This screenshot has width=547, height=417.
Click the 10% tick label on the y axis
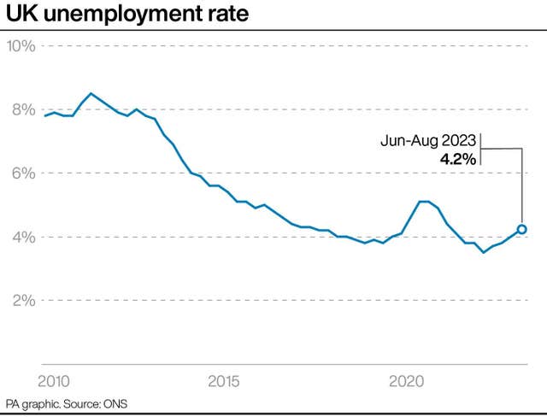(21, 46)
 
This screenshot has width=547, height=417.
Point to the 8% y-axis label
(24, 110)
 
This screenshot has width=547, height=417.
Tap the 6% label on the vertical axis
(24, 173)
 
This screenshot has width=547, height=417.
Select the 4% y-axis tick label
(24, 237)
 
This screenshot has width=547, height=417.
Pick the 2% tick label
(24, 300)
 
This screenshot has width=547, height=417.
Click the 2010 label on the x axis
(54, 381)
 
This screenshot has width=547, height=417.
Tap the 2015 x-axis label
(224, 381)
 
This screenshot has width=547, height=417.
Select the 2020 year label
(407, 381)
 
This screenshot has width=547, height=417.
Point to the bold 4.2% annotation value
(458, 159)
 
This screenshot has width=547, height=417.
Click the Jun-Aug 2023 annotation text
(428, 141)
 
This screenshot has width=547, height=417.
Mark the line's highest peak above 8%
(91, 93)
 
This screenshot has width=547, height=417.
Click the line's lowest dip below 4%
(483, 252)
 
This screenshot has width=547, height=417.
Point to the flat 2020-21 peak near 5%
(423, 202)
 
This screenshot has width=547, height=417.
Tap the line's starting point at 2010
(45, 115)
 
